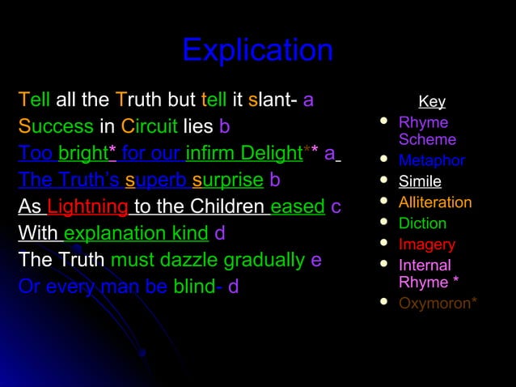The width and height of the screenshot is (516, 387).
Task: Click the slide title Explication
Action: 257,50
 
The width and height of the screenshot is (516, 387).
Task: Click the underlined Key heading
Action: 432,102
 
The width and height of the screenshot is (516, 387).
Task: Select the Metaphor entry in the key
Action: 431,160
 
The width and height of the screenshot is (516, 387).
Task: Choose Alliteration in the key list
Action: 435,202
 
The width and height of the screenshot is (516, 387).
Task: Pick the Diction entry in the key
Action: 422,223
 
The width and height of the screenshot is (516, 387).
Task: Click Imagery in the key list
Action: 427,245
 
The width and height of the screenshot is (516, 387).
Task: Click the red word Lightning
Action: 88,207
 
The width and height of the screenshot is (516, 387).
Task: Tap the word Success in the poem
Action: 56,127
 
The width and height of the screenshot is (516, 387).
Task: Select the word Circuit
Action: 150,127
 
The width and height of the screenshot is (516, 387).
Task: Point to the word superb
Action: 156,180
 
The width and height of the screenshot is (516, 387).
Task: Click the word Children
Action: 226,207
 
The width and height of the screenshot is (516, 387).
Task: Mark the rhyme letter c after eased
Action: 336,207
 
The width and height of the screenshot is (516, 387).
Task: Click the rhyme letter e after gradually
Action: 316,261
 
